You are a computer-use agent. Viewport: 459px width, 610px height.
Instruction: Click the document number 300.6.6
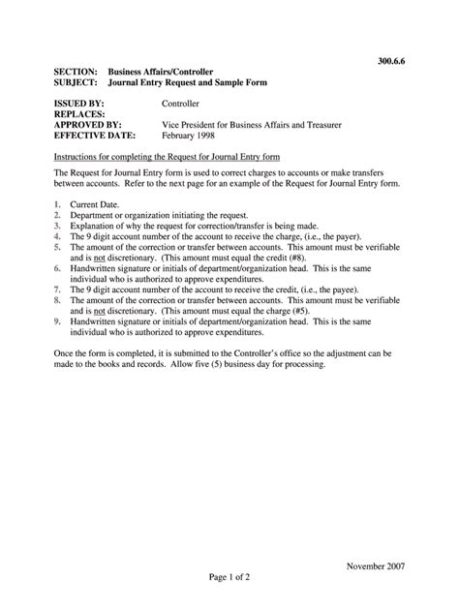click(392, 60)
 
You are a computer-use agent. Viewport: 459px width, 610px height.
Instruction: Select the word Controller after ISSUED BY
click(181, 103)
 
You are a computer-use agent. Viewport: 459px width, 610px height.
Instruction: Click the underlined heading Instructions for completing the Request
click(167, 156)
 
